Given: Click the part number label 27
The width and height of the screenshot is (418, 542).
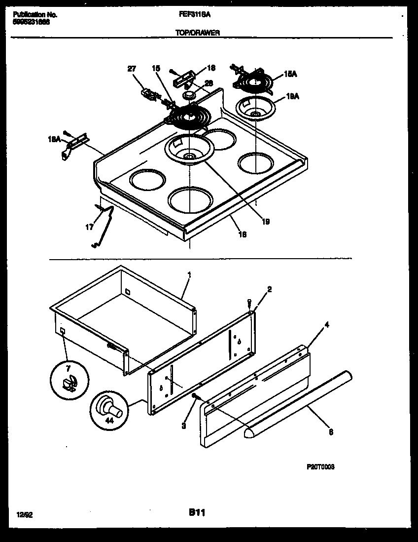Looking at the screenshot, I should point(132,69).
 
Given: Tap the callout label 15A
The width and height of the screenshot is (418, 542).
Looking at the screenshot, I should point(291,75).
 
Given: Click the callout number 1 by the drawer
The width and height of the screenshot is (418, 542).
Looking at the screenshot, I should point(189,274).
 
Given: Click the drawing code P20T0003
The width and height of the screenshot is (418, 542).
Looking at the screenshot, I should point(320,466).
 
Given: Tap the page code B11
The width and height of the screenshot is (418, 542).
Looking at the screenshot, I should point(196,513).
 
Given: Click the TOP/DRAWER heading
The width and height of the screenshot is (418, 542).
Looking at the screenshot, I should point(198,33).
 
